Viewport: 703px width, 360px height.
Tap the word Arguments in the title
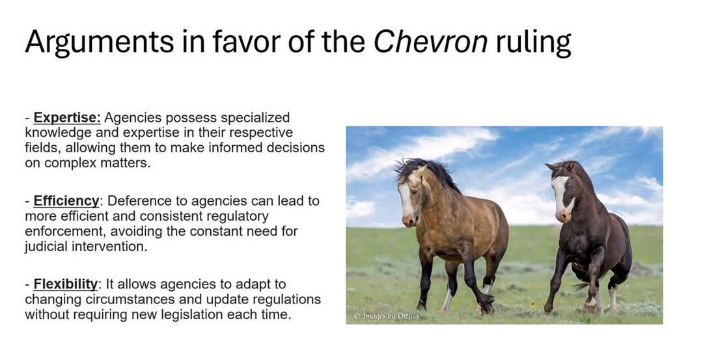pos(99,43)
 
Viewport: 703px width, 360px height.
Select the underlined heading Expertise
pos(67,118)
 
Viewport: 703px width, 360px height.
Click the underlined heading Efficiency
pos(66,201)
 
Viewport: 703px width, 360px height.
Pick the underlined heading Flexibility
pos(66,284)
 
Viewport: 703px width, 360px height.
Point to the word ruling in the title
pos(534,43)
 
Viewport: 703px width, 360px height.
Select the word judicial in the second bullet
pos(46,247)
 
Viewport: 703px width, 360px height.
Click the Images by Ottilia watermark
pos(387,316)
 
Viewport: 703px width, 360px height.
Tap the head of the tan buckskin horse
pos(410,197)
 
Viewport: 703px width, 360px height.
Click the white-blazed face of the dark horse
pos(562,197)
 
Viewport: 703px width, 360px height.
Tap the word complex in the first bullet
pos(70,163)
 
